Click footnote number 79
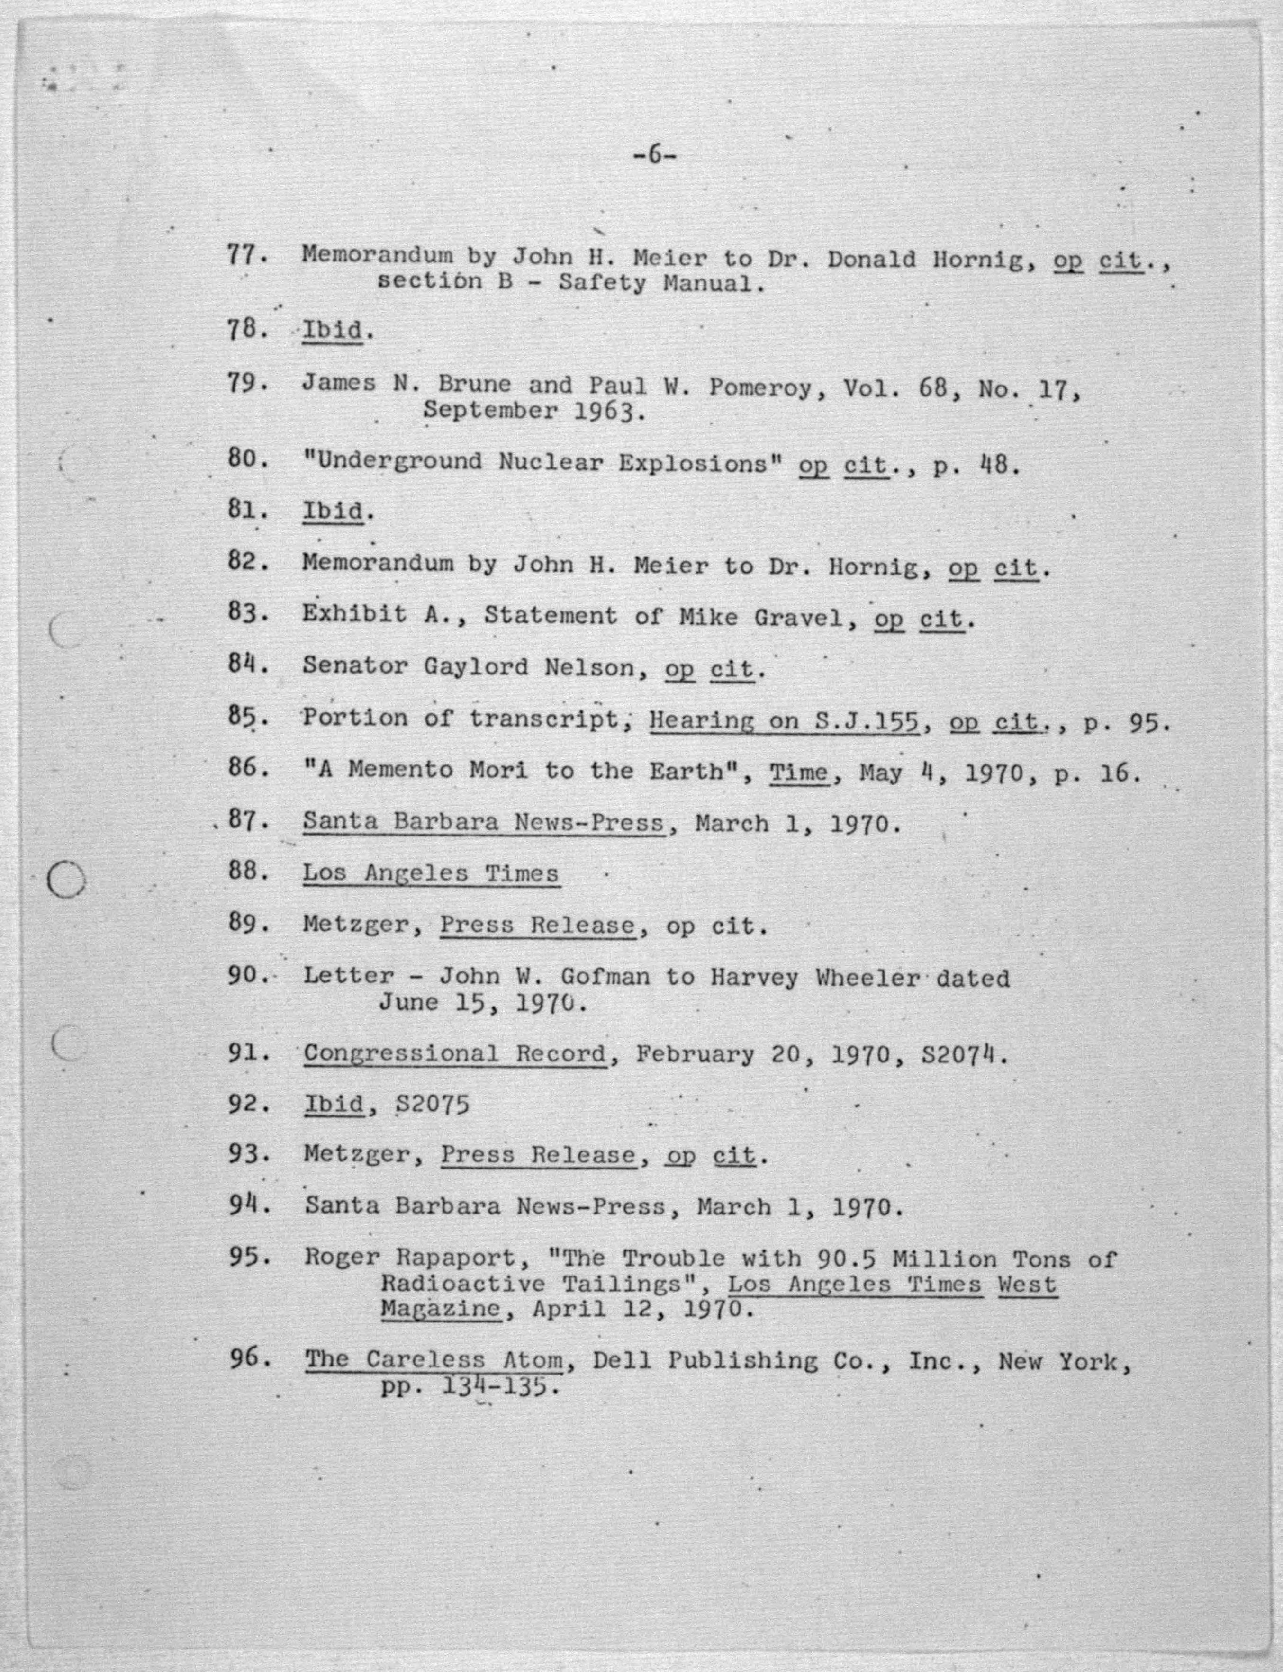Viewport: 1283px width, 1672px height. click(245, 383)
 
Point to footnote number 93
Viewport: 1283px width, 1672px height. click(245, 1154)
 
